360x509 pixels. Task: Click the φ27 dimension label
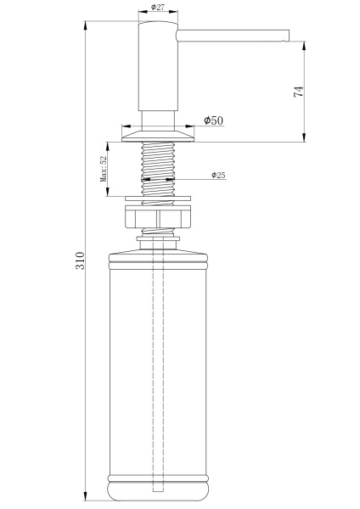[158, 8]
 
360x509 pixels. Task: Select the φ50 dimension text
[213, 121]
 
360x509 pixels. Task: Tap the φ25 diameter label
[218, 176]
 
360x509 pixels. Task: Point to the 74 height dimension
[298, 92]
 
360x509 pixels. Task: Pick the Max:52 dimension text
[104, 170]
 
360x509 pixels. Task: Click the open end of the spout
[288, 35]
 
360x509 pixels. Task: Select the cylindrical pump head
[158, 72]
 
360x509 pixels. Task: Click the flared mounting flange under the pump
[158, 133]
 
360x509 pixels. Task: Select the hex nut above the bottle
[158, 220]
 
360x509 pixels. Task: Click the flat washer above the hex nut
[158, 200]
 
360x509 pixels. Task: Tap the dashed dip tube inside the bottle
[158, 373]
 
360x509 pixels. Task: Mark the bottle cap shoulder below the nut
[158, 253]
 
